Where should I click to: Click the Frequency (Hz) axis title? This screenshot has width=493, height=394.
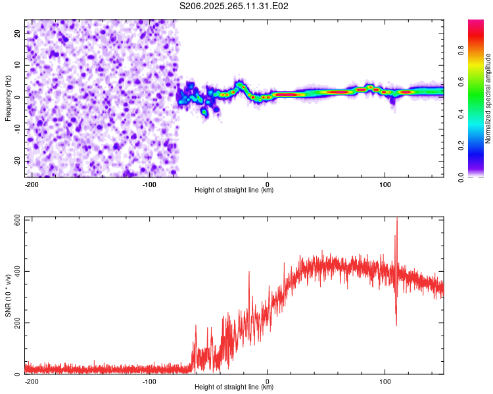click(x=8, y=97)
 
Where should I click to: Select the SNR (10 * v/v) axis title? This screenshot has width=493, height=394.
click(x=8, y=295)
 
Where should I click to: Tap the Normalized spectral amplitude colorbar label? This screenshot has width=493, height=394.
click(x=488, y=98)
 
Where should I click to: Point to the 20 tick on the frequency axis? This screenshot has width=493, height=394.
click(x=18, y=32)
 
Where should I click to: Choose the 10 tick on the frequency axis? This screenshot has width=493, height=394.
click(x=18, y=64)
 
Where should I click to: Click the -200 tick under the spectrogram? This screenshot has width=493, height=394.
click(x=32, y=184)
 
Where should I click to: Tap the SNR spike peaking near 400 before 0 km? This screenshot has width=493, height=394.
click(x=249, y=273)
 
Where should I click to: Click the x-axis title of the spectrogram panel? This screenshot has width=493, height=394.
click(x=234, y=190)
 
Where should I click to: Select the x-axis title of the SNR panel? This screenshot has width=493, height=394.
click(x=234, y=387)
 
